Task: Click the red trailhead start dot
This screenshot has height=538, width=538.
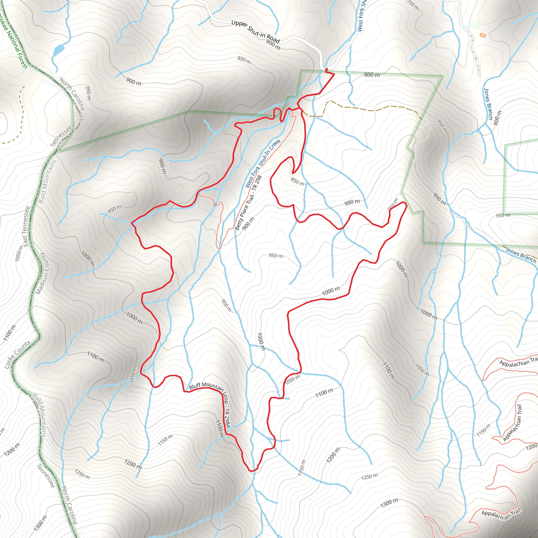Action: [326, 70]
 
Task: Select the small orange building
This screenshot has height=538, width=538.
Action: [483, 35]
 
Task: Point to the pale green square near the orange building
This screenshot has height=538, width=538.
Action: [474, 24]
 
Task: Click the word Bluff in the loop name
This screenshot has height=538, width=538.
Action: [195, 386]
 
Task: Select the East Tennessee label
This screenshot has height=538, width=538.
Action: [26, 226]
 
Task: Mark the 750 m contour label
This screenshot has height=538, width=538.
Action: [413, 5]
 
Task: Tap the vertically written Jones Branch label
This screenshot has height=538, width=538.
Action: [488, 104]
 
